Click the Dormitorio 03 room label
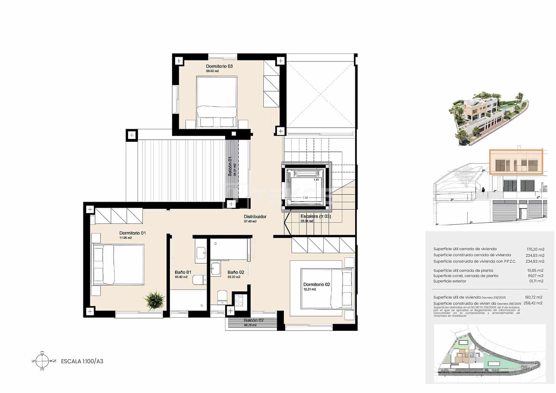tap(219, 66)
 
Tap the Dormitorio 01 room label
tap(132, 233)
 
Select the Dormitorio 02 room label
tap(317, 284)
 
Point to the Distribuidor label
tap(255, 216)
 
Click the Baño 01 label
tap(183, 272)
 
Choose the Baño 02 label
tap(236, 272)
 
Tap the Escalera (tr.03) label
tap(316, 216)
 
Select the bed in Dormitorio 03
tap(217, 101)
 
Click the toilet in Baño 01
tap(199, 280)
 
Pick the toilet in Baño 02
tap(222, 297)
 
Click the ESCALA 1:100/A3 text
tap(82, 361)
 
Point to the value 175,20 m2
tap(535, 249)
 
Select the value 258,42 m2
tap(534, 303)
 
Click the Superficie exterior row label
tap(450, 281)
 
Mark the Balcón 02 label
tap(254, 320)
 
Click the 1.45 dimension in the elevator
tap(316, 180)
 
